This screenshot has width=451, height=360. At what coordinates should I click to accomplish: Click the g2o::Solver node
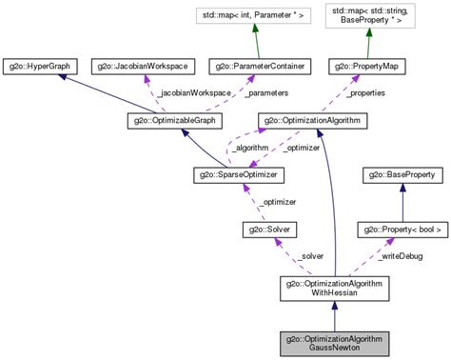271,230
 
